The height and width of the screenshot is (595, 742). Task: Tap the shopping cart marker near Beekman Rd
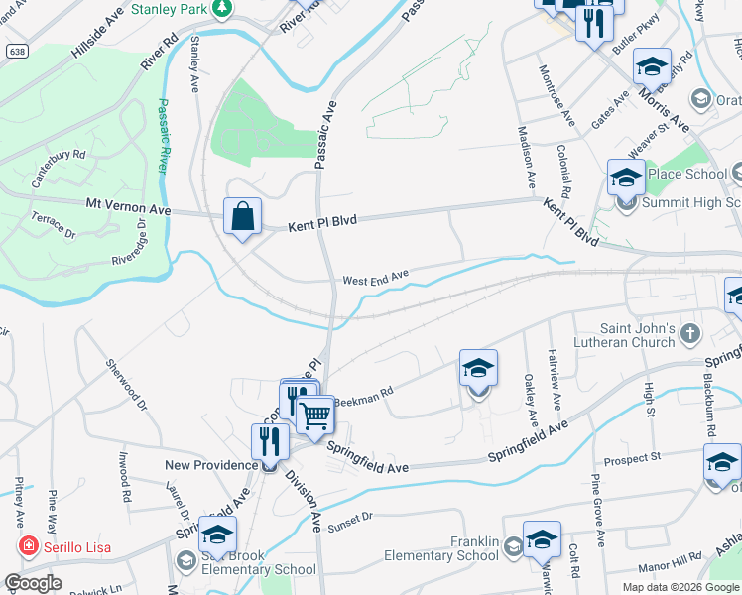tap(315, 413)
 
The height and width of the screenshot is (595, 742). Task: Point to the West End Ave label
tap(376, 280)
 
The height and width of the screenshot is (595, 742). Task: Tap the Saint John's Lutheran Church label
tap(639, 335)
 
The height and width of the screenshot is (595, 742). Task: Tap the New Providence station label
tap(211, 465)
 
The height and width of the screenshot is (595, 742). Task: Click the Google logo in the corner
tap(33, 583)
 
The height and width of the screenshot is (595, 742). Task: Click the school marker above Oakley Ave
tap(478, 369)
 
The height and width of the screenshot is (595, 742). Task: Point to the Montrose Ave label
tap(556, 94)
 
